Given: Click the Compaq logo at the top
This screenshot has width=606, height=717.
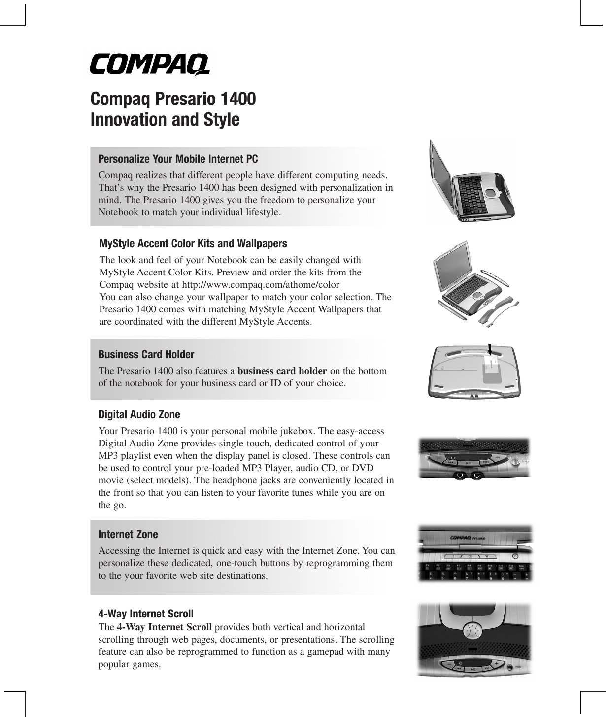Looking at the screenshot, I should click(x=149, y=65).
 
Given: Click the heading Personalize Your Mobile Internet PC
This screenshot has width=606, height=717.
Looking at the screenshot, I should click(x=178, y=159).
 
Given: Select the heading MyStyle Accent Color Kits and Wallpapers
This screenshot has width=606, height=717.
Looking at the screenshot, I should click(x=193, y=244).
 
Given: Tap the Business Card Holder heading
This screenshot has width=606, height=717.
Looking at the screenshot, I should click(x=146, y=355).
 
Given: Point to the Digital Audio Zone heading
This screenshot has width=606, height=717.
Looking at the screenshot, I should click(x=139, y=415).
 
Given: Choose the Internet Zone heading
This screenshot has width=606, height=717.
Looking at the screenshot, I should click(x=128, y=535).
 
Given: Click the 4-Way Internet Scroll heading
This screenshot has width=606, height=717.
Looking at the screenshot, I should click(x=146, y=614).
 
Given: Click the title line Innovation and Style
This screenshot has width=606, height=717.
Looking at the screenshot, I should click(x=165, y=120).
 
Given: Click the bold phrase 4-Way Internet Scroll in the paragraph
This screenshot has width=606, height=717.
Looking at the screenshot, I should click(x=165, y=627).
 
